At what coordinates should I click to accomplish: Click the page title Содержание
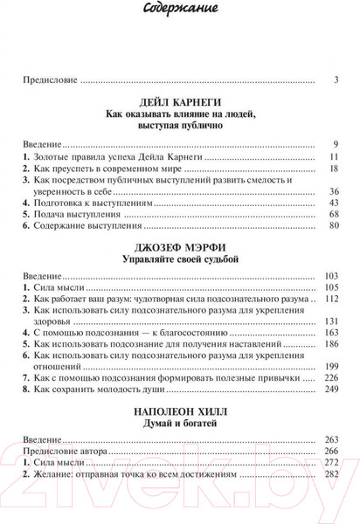(180, 10)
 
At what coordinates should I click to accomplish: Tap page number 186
(330, 345)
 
